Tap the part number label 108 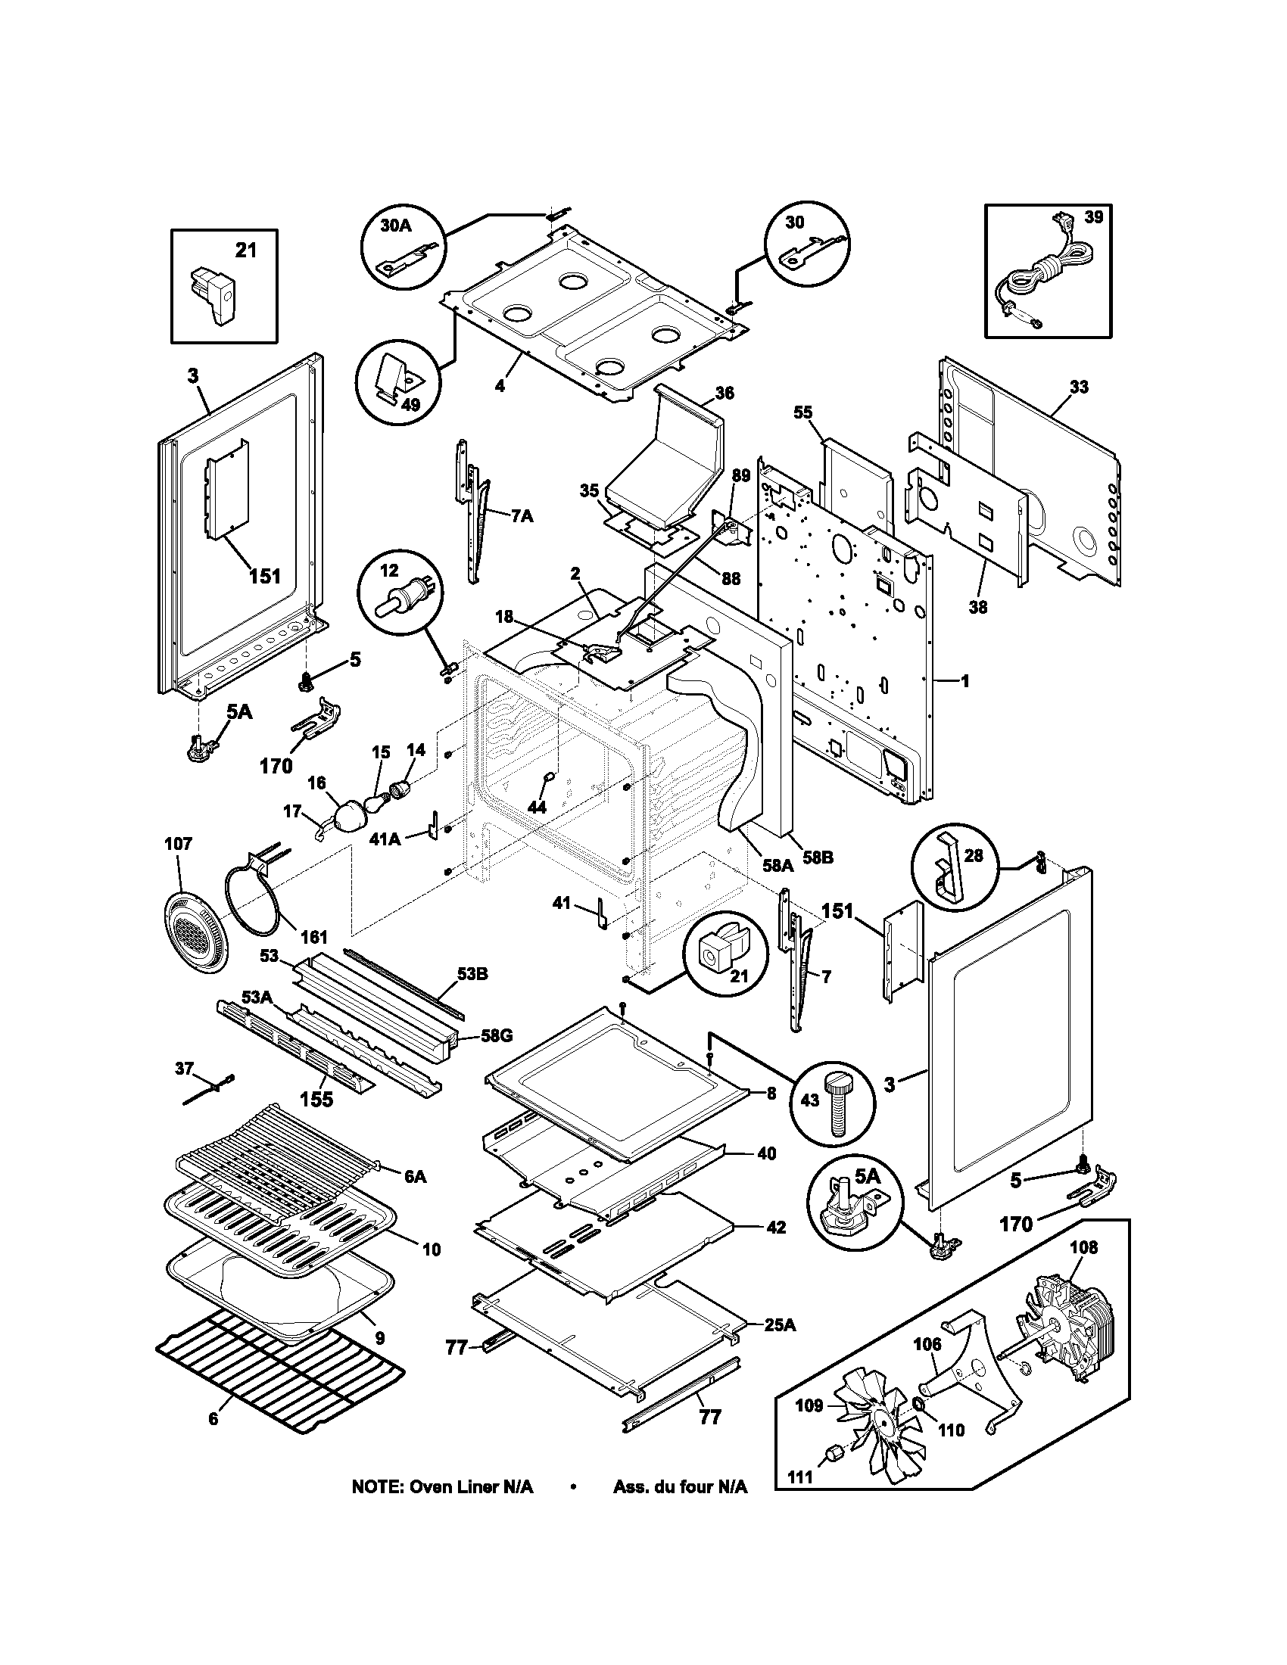[1083, 1248]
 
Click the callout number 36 [725, 393]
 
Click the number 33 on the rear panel [1078, 387]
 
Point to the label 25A [779, 1326]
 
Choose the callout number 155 [316, 1100]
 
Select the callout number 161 [313, 937]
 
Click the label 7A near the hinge [522, 517]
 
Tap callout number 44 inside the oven [537, 807]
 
